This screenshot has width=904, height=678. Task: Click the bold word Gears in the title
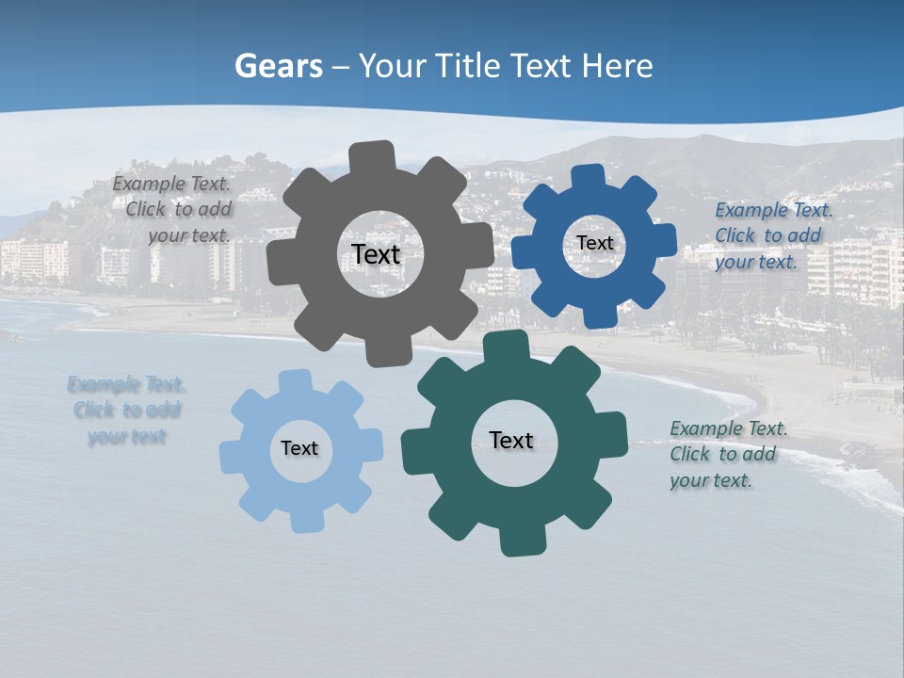[x=278, y=66]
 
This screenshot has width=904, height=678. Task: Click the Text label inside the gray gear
[x=377, y=254]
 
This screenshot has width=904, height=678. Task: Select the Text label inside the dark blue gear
[x=594, y=243]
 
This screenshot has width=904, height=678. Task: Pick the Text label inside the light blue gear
[x=299, y=448]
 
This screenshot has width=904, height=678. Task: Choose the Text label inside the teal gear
[x=511, y=440]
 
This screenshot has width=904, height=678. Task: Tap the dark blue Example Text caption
[x=771, y=235]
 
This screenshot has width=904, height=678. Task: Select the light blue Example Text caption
[x=126, y=410]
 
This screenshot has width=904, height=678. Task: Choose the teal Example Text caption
[x=726, y=454]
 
